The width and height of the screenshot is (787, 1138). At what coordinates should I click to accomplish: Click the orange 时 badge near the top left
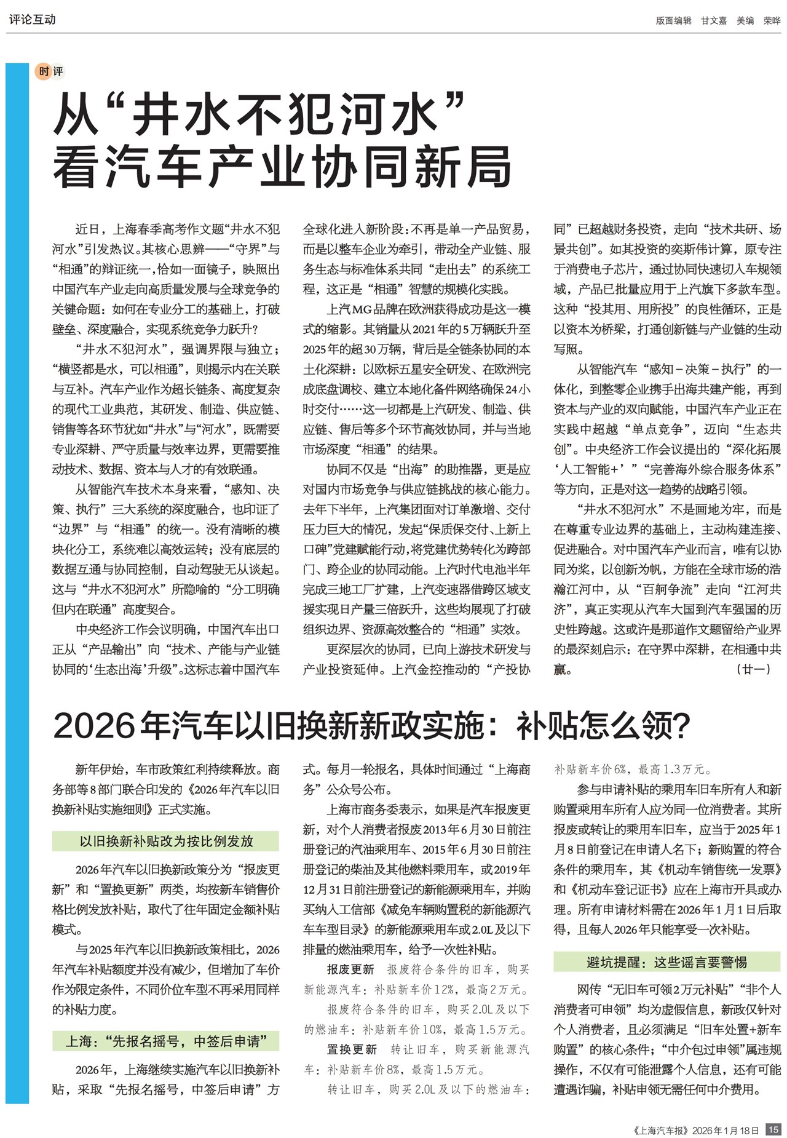point(44,71)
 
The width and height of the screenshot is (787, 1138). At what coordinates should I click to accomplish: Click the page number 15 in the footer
point(773,1129)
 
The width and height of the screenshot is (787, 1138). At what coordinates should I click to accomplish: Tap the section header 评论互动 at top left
point(32,20)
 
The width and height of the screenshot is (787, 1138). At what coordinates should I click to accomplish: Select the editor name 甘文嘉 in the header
point(713,20)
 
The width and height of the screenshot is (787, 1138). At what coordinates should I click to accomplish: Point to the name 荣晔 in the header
point(772,20)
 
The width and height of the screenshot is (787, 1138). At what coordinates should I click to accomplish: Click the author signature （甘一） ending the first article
point(753,669)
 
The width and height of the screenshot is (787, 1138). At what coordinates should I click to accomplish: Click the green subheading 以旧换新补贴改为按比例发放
point(166,841)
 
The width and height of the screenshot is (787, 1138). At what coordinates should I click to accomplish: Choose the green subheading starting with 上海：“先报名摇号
point(166,1041)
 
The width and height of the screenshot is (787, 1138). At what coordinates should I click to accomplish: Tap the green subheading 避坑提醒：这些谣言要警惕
point(666,961)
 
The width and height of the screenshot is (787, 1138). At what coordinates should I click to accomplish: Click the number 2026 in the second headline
point(93,726)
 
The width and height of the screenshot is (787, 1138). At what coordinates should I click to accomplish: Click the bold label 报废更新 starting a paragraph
point(350,969)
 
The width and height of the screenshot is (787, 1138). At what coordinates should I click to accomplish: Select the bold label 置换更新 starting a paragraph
point(352,1049)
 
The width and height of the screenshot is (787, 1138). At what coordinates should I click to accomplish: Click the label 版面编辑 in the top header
point(673,20)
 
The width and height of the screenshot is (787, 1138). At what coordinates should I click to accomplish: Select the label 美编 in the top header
point(745,20)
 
